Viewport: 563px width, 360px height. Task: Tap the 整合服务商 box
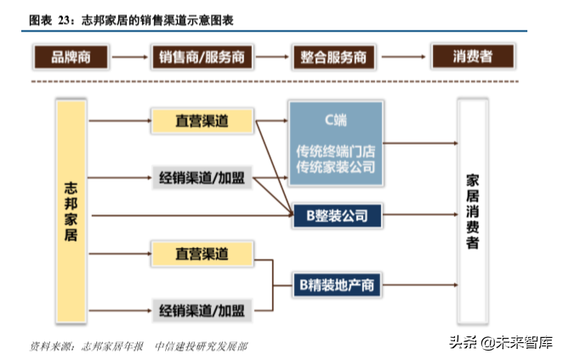coord(333,58)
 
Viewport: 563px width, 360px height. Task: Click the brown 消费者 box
coord(474,57)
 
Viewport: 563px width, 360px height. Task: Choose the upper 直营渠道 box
coord(202,121)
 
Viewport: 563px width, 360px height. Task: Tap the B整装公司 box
coord(336,214)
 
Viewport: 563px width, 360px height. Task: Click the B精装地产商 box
coord(336,284)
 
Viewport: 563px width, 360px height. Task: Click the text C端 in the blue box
coord(335,117)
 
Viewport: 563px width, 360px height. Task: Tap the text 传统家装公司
coord(335,168)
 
